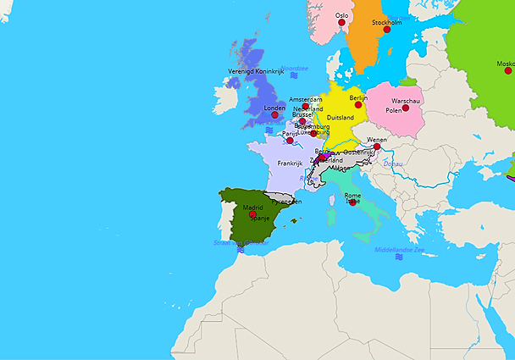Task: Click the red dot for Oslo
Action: point(342,23)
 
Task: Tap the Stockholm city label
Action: point(386,23)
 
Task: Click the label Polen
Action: point(394,111)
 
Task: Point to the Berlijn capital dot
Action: point(358,106)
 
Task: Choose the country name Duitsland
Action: point(340,118)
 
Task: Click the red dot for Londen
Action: point(274,115)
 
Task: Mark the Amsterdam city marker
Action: point(306,107)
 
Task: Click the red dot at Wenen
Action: point(377,147)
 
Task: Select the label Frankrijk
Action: point(290,163)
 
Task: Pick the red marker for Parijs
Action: point(290,141)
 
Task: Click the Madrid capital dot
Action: point(252,214)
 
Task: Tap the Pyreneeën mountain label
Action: point(287,202)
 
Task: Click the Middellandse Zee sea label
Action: point(397,250)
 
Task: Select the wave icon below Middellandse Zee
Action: point(398,258)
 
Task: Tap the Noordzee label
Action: point(294,68)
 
